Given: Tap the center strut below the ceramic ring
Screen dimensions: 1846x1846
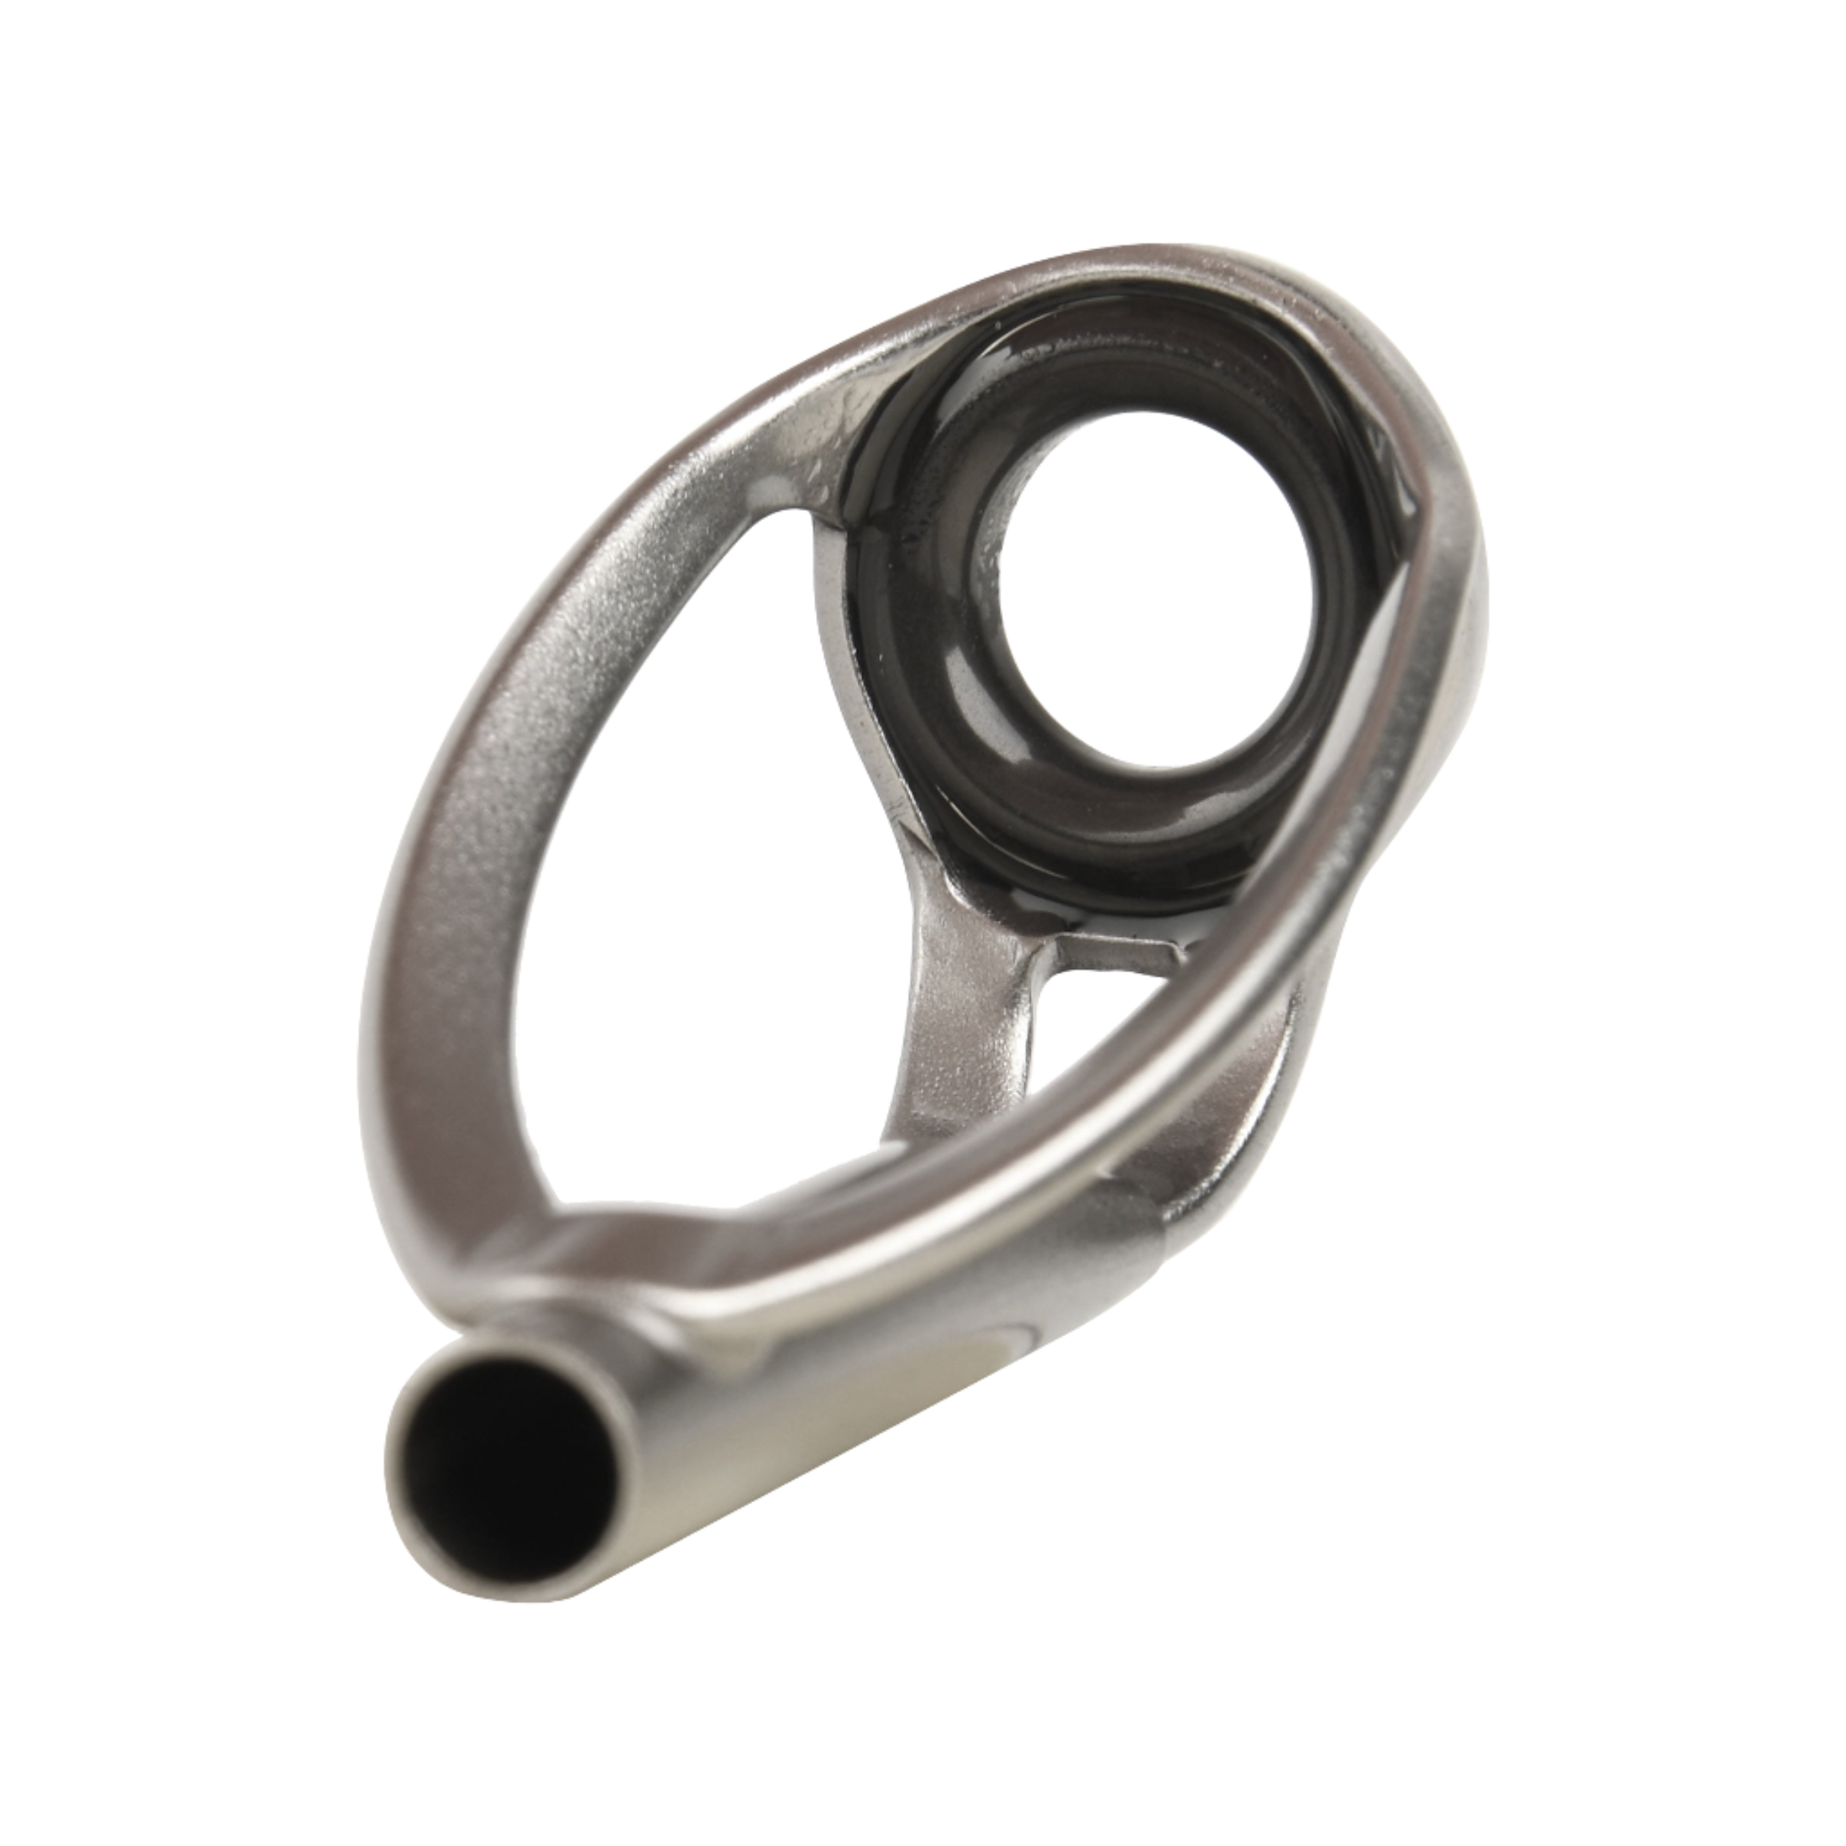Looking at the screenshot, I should [x=946, y=1003].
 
